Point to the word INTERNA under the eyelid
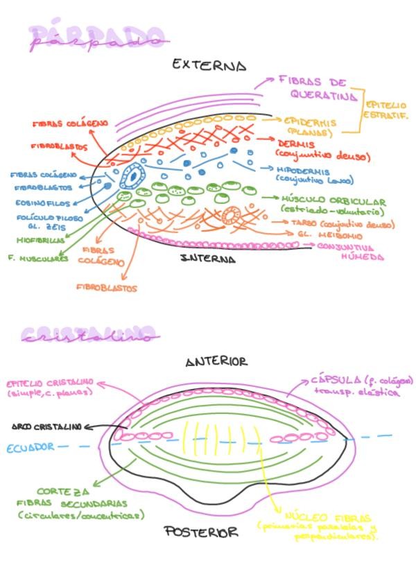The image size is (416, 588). (x=207, y=259)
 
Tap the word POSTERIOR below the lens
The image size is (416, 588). (x=202, y=533)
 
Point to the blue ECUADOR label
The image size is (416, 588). (x=31, y=447)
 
